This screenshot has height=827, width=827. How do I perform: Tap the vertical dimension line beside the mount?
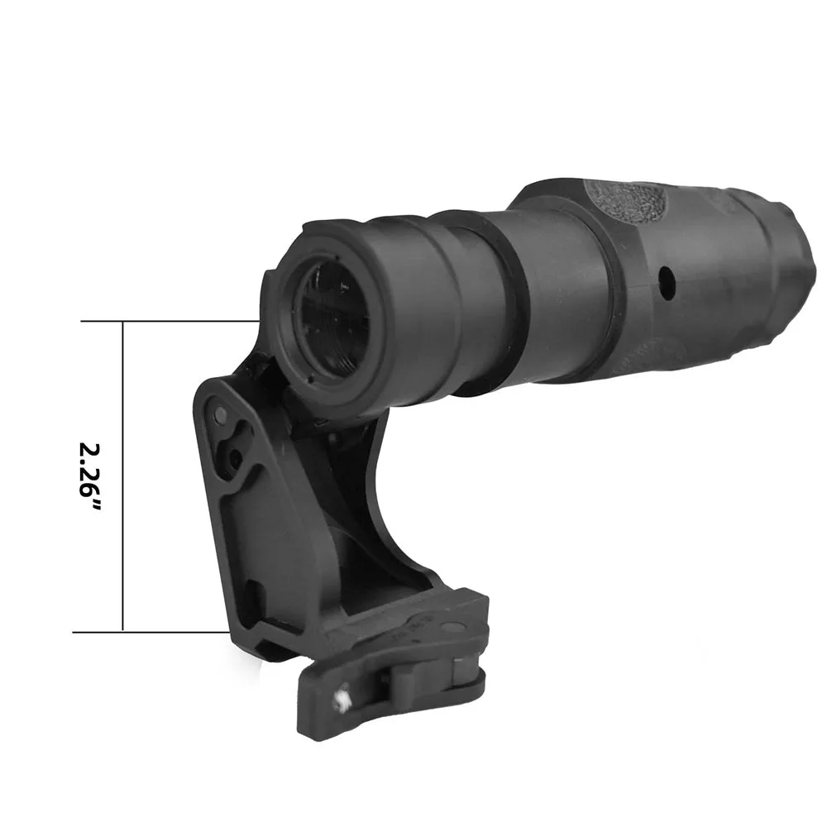coord(122,476)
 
